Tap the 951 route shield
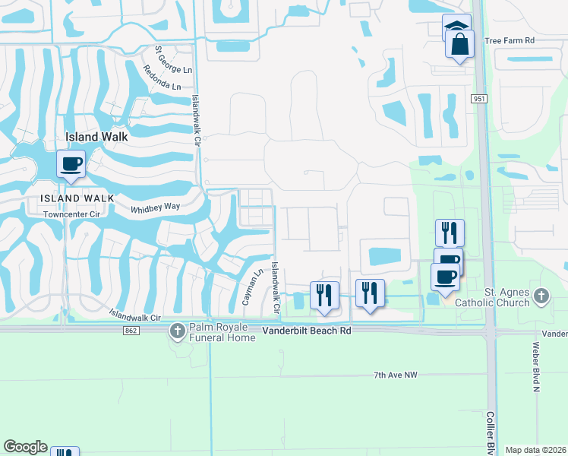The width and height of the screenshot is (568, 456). (478, 99)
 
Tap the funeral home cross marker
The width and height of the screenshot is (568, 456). (177, 331)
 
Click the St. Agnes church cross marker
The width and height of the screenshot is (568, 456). (541, 295)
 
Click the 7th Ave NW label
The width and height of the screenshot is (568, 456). (396, 375)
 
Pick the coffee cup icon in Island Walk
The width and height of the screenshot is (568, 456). (71, 164)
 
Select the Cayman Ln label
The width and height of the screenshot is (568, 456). (251, 288)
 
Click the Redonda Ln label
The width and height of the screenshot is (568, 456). (161, 76)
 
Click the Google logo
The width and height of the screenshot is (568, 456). (24, 447)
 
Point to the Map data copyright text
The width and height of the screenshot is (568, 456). (536, 450)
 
